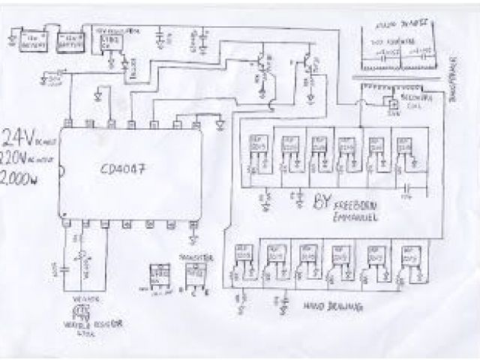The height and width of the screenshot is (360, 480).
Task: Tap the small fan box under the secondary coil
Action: [391, 105]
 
